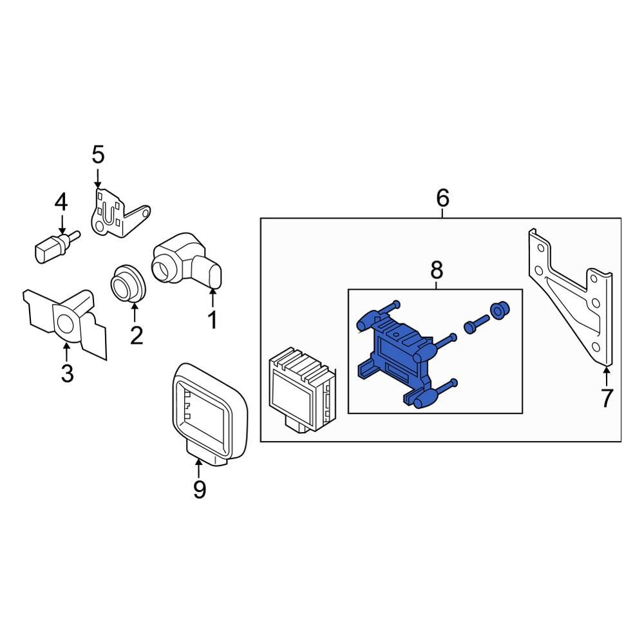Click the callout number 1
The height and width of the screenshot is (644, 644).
[x=212, y=319]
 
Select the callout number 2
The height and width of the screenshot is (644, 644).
[x=136, y=335]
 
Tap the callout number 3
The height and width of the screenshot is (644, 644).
[x=68, y=373]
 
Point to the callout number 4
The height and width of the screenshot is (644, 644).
[x=61, y=203]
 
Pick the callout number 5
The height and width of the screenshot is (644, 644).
[x=97, y=155]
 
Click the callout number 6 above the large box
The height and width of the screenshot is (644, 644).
[x=442, y=198]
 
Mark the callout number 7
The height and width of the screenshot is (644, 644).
[x=607, y=398]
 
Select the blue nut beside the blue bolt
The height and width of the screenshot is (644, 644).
[x=498, y=310]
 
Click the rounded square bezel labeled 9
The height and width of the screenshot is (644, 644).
[x=210, y=412]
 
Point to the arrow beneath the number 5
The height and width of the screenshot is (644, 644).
[x=97, y=176]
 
